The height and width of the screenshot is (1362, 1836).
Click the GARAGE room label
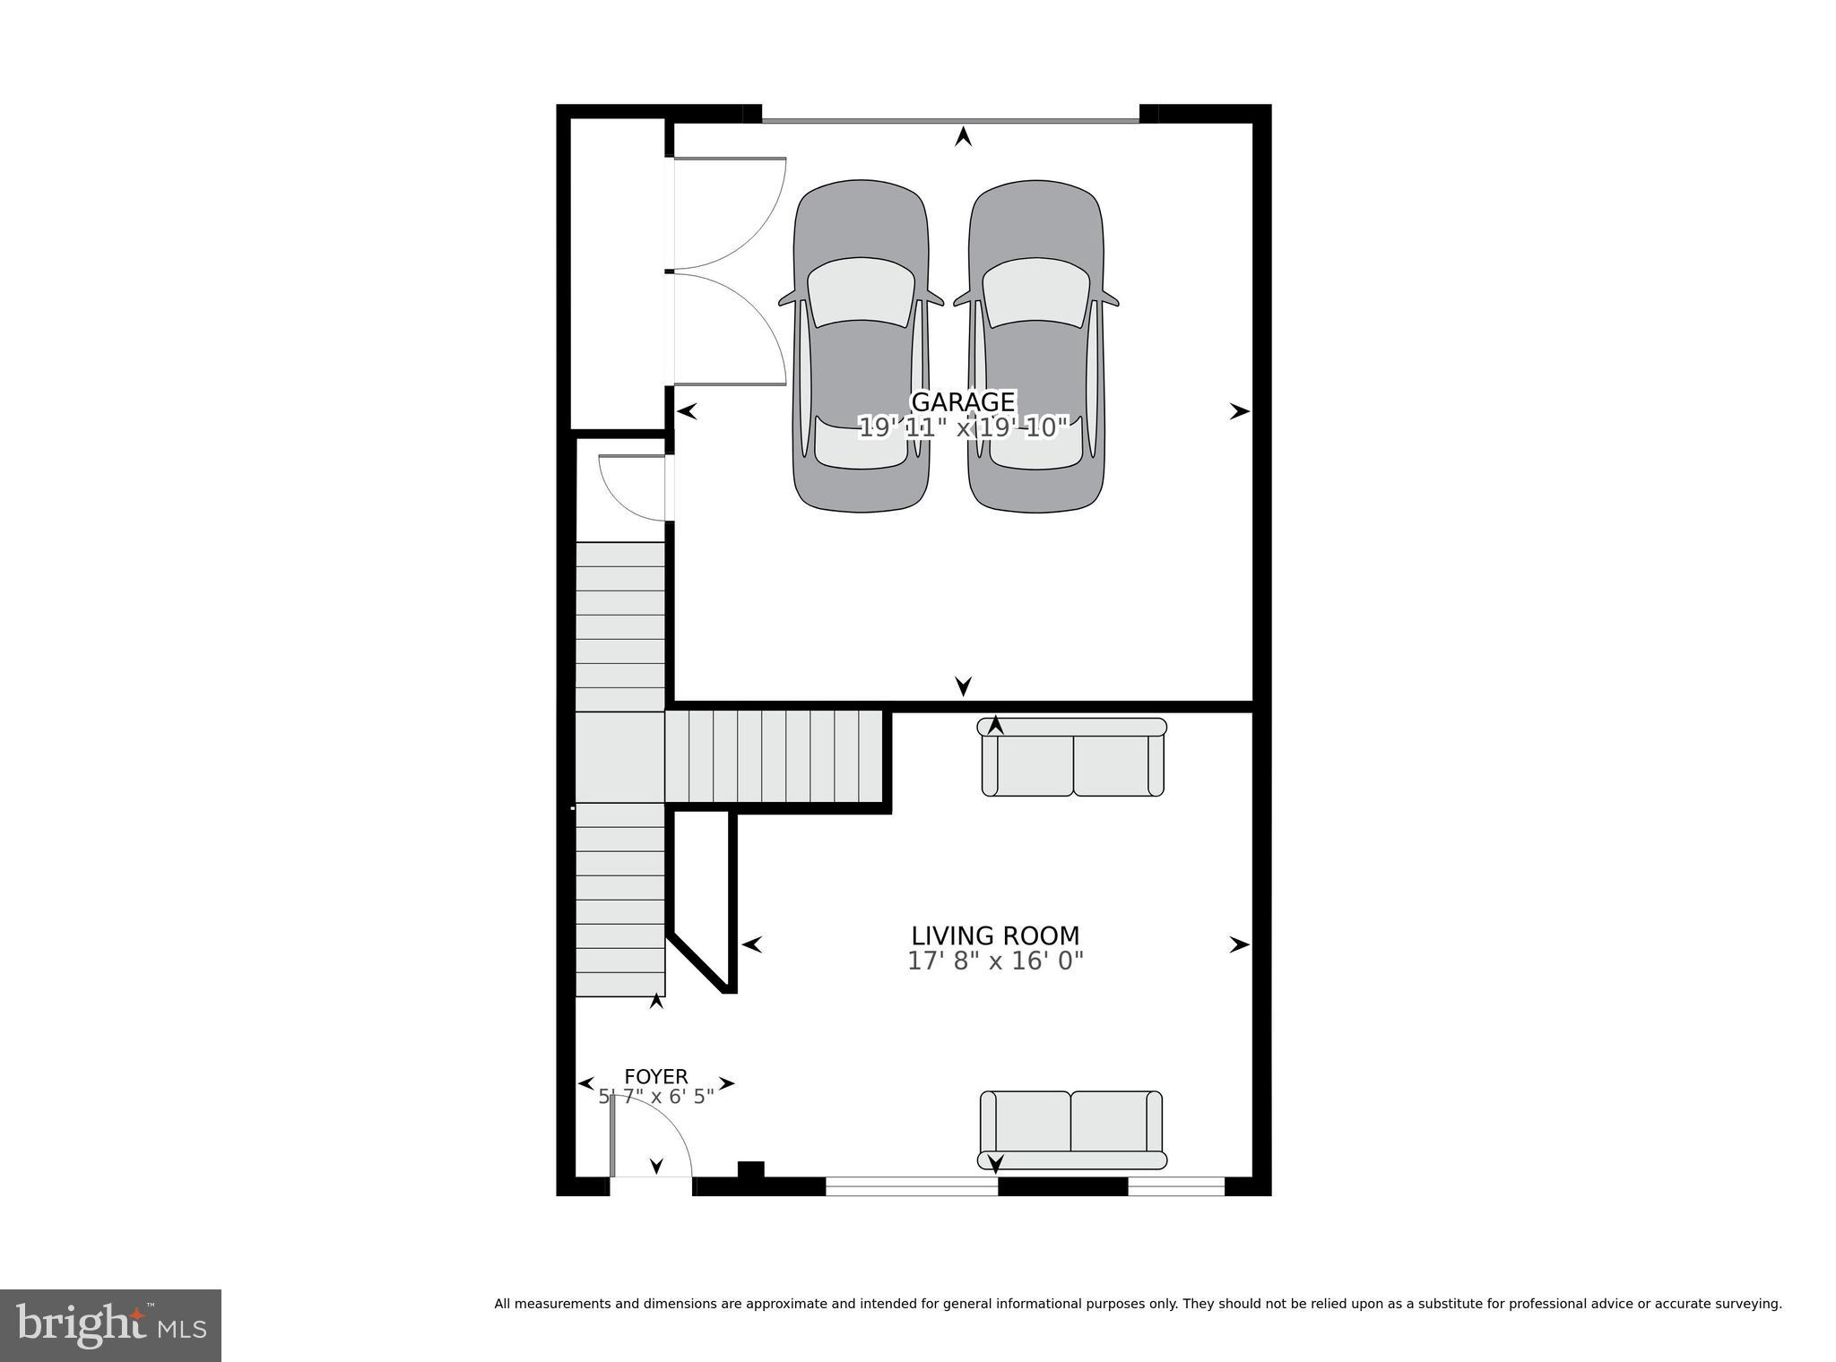pos(963,401)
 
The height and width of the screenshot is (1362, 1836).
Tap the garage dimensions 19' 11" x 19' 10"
pos(964,427)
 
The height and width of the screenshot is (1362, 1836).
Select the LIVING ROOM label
pos(995,935)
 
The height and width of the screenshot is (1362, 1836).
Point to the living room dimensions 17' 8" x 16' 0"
pos(995,961)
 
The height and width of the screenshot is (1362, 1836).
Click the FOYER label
pos(656,1076)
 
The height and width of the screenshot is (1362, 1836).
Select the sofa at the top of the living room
pos(1074,757)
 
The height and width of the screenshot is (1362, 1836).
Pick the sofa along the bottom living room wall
pos(1072,1130)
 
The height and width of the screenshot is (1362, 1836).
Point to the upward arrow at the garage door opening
pos(963,137)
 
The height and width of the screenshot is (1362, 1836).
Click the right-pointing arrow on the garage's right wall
pos(1239,411)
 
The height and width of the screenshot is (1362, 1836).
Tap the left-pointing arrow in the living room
pos(751,944)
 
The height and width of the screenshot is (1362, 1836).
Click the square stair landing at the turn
pos(619,757)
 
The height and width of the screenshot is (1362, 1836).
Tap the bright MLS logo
pos(110,1325)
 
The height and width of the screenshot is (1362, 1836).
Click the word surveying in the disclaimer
pos(1748,1304)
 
